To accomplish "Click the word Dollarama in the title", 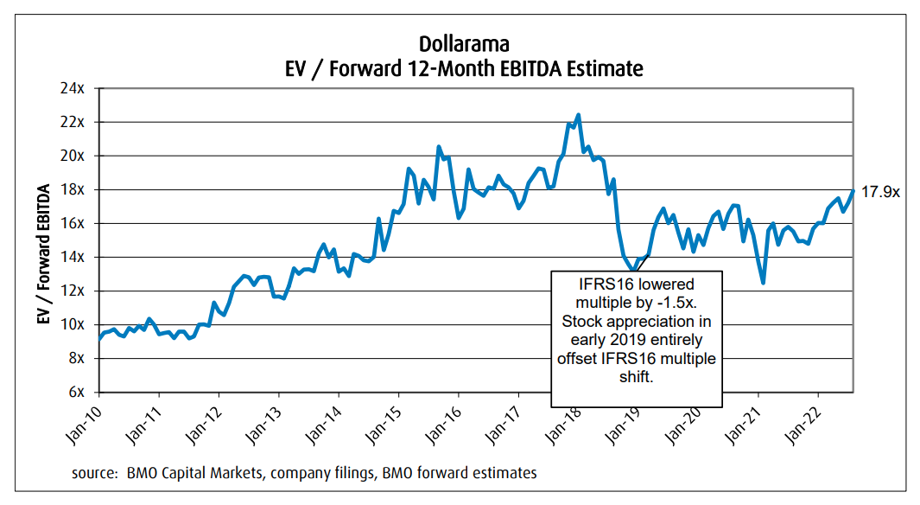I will pyautogui.click(x=460, y=43).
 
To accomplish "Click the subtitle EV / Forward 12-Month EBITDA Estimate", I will pyautogui.click(x=460, y=67).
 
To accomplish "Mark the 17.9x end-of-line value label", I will pyautogui.click(x=881, y=192).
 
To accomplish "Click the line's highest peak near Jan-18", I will pyautogui.click(x=578, y=115).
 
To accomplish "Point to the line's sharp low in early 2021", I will pyautogui.click(x=763, y=282).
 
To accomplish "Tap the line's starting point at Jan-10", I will pyautogui.click(x=98, y=340).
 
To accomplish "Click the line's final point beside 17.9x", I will pyautogui.click(x=853, y=191).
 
